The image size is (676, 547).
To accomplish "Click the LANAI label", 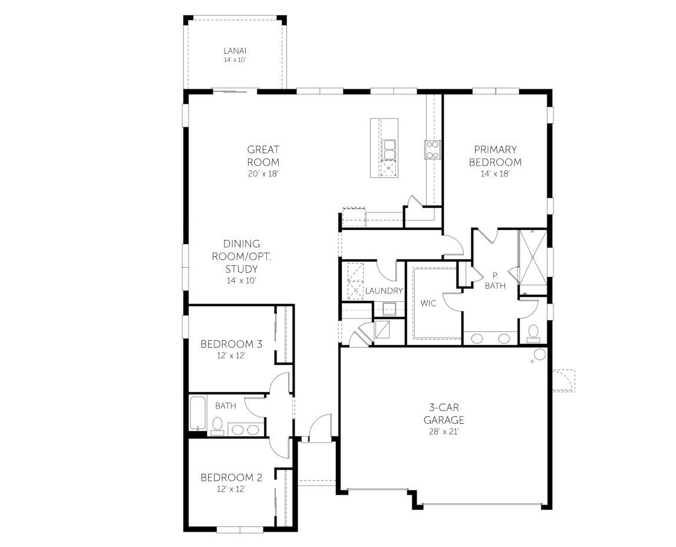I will (x=234, y=51).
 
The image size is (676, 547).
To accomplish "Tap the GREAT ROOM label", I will (x=263, y=156).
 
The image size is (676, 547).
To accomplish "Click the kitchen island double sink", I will (x=389, y=150).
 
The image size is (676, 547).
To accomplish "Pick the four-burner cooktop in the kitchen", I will (x=433, y=150).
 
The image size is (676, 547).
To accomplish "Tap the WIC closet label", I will (x=428, y=303).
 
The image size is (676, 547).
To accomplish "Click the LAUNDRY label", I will (x=384, y=291).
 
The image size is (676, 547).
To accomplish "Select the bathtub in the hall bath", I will (x=197, y=414).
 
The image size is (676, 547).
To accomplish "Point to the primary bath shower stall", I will (x=533, y=258).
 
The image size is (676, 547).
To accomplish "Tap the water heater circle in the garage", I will (x=539, y=355).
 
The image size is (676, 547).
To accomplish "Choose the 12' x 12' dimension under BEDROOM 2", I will (x=231, y=489).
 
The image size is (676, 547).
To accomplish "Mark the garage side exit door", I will (x=563, y=381).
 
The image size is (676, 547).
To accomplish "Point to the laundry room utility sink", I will (x=389, y=309).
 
